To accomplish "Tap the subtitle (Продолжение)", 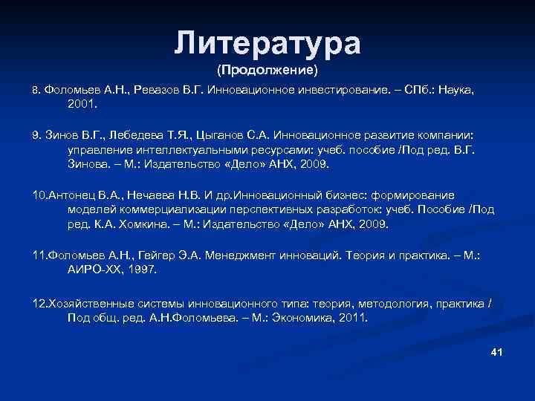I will pos(267,71).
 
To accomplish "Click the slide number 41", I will pos(497,351).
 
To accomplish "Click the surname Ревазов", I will pos(159,91).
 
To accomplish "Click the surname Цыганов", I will pos(221,137).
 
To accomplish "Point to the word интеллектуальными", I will pos(185,151).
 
